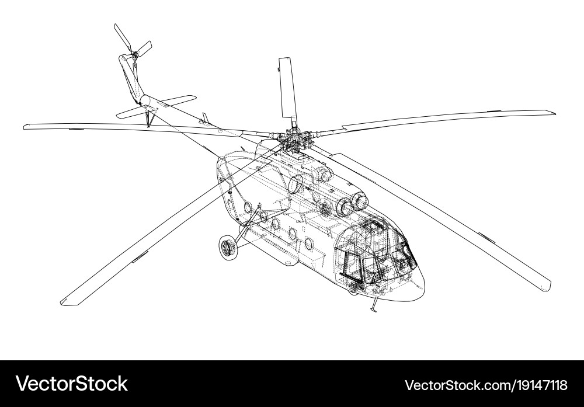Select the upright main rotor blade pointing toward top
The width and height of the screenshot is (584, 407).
coord(286,88)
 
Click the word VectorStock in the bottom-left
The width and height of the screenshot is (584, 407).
coord(72,384)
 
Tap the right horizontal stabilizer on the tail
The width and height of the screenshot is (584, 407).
coord(178,100)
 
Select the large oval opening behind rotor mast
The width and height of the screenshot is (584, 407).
coord(296,184)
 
